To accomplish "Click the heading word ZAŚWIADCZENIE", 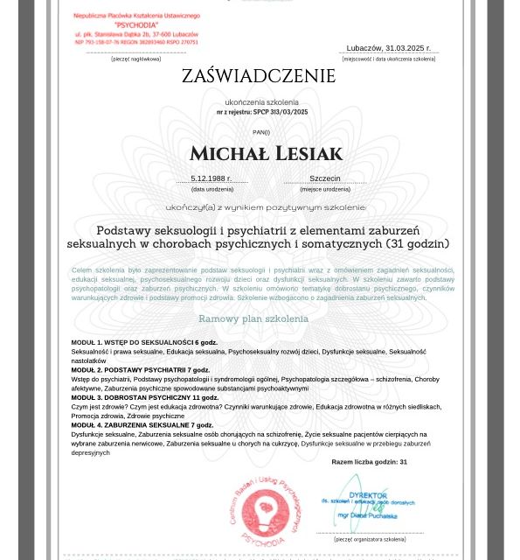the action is (x=259, y=77).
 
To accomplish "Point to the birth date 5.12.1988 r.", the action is (x=211, y=178).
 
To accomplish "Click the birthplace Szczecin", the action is (x=325, y=178).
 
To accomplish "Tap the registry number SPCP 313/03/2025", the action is (x=281, y=113).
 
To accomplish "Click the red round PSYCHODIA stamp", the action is (x=266, y=511).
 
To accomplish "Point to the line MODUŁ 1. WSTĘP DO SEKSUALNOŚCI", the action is (x=144, y=342).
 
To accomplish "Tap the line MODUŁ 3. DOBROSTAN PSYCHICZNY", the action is (x=144, y=397).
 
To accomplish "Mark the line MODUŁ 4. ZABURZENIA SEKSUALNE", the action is (x=142, y=425).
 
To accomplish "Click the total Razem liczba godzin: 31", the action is (x=369, y=462).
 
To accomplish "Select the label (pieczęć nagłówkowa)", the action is (x=135, y=59).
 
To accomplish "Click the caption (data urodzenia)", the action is (x=212, y=189).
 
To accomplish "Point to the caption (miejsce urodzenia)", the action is (x=325, y=189).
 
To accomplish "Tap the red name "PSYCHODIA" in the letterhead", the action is (x=135, y=25).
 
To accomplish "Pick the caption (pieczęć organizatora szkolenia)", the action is (x=370, y=539).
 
